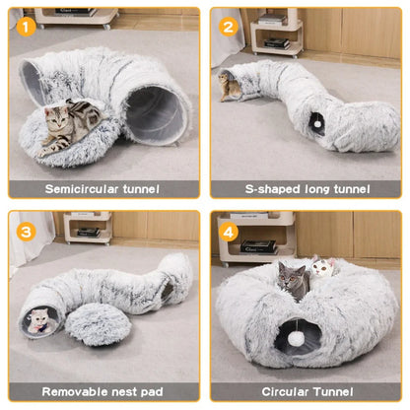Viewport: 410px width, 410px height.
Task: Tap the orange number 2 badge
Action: point(228,26)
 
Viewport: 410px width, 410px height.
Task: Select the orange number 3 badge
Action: point(26,233)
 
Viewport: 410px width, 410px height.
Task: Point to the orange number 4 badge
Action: point(229,233)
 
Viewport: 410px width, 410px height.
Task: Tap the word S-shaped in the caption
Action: point(259,188)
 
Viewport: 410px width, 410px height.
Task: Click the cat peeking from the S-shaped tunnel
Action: point(231,86)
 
